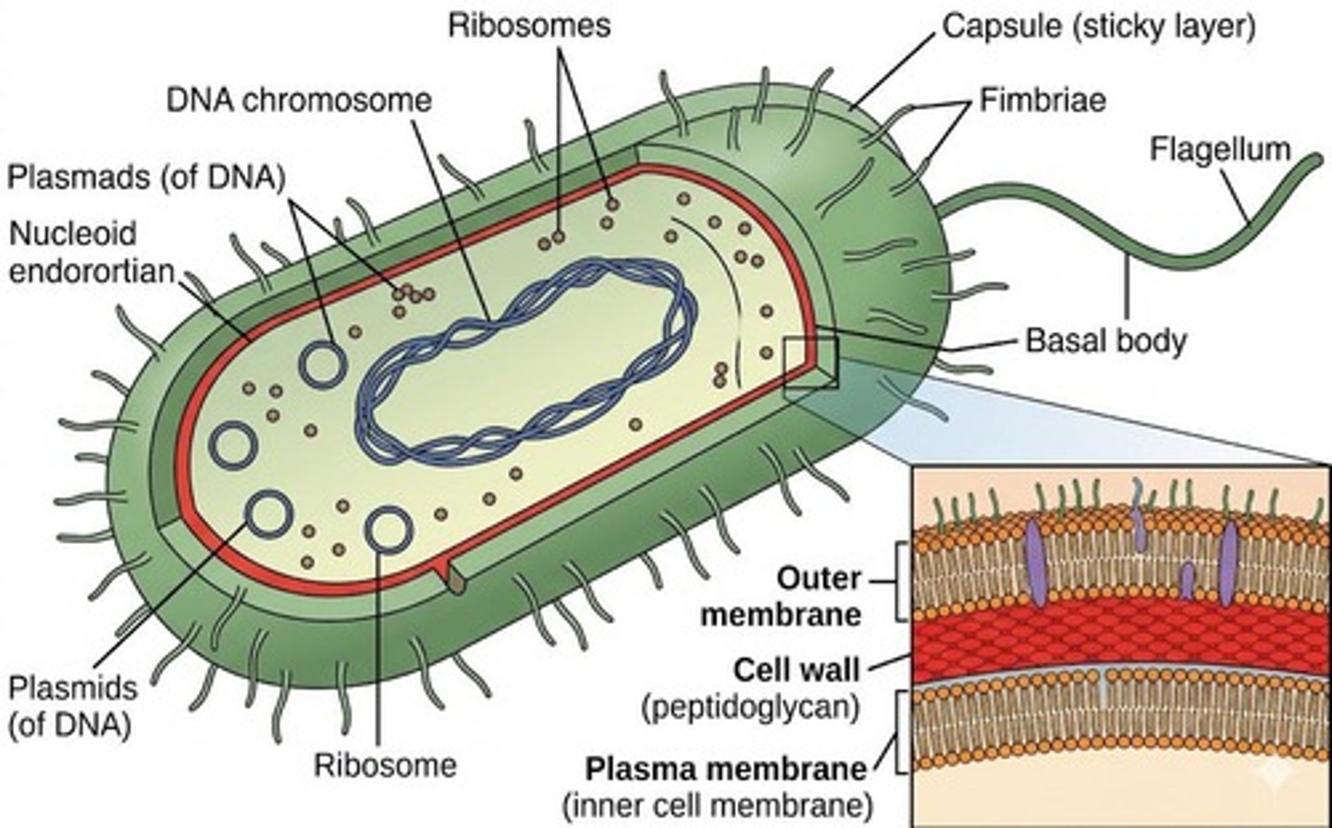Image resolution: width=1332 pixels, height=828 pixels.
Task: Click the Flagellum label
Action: pyautogui.click(x=1219, y=149)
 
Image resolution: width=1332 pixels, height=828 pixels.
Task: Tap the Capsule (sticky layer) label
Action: pyautogui.click(x=1098, y=27)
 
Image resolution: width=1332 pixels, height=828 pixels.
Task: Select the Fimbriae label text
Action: pyautogui.click(x=1042, y=100)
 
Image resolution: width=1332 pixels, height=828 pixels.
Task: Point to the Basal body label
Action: pyautogui.click(x=1105, y=340)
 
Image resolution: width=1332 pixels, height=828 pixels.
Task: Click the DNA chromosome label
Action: pyautogui.click(x=299, y=100)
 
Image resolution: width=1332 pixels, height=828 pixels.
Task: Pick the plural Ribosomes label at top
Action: pyautogui.click(x=529, y=25)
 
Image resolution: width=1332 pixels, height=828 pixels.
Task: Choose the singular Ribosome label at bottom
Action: pyautogui.click(x=385, y=765)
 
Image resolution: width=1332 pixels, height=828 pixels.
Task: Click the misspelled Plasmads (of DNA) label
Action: pyautogui.click(x=145, y=176)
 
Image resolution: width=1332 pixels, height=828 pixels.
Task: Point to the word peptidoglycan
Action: pyautogui.click(x=749, y=707)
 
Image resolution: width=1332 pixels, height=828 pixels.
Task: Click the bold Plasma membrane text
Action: pyautogui.click(x=727, y=769)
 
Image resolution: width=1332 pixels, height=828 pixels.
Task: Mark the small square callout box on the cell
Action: pyautogui.click(x=810, y=367)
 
